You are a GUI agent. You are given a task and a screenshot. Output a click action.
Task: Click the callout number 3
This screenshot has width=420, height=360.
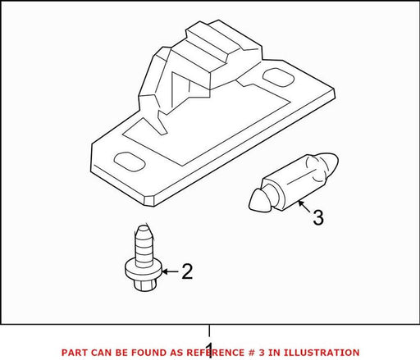[x=318, y=217]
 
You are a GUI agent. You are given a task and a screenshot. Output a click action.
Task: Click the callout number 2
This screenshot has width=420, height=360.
[x=187, y=271]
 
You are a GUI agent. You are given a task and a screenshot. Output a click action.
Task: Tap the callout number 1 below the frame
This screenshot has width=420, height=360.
[x=209, y=350]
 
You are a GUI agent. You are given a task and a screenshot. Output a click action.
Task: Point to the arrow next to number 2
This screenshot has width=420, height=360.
[x=170, y=271]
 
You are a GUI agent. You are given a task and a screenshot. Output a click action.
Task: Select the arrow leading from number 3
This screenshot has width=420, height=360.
[x=304, y=207]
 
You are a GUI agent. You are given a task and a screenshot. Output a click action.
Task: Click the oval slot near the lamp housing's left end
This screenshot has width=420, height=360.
[x=129, y=162]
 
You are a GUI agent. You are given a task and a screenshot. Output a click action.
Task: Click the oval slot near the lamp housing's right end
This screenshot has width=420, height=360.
[x=278, y=78]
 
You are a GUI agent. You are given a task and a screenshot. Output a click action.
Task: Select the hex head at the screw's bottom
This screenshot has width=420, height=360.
[x=145, y=284]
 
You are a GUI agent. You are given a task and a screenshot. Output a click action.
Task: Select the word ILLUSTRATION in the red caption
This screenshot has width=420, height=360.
[x=322, y=353]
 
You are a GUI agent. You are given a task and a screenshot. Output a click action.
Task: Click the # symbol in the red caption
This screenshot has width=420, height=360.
[x=252, y=353]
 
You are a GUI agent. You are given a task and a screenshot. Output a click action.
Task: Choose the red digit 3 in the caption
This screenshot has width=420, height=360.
[x=262, y=353]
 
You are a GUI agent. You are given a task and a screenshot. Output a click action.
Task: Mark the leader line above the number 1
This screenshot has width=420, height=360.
[x=209, y=330]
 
